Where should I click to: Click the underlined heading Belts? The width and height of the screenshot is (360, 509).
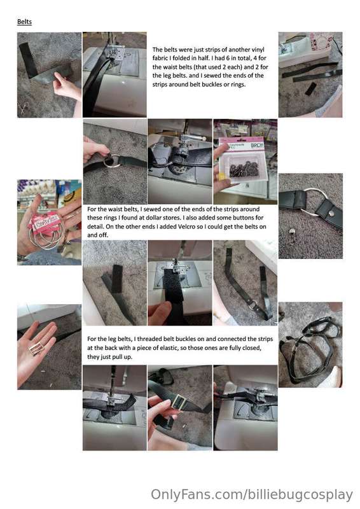click(24, 22)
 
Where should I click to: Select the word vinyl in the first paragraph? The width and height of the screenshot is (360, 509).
click(258, 50)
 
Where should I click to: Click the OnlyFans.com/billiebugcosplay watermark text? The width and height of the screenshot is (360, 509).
click(252, 495)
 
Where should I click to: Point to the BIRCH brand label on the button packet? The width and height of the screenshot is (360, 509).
click(256, 146)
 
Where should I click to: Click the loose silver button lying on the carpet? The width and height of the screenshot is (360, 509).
click(292, 231)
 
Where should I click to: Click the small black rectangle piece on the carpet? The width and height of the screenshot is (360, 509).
click(310, 88)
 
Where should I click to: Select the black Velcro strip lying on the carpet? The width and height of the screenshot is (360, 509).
click(116, 279)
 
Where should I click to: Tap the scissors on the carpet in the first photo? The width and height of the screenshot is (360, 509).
click(24, 108)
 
